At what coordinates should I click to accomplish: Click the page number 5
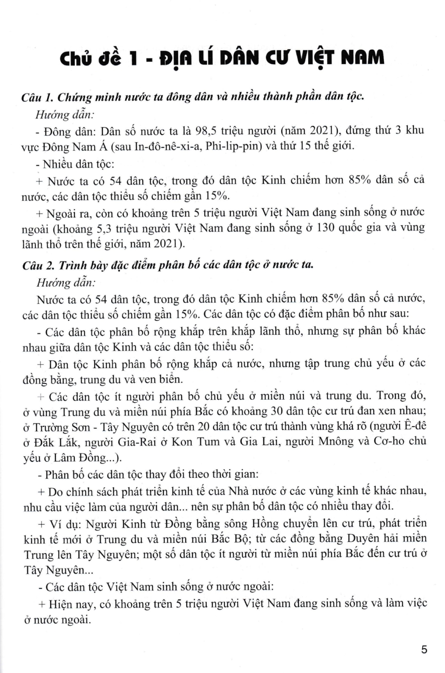tap(424, 649)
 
